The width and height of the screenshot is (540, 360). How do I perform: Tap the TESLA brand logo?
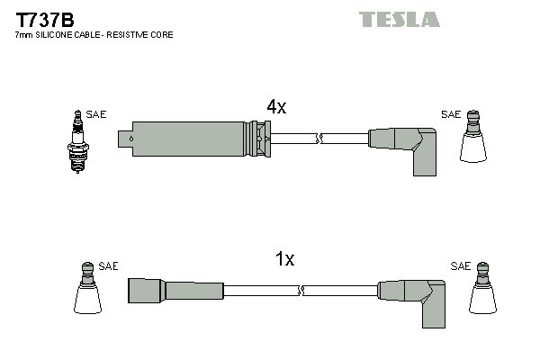tap(399, 19)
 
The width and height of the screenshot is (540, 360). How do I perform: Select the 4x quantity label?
tap(276, 106)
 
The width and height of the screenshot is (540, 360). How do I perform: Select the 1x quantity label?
tap(284, 259)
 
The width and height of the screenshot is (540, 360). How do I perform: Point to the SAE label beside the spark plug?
tap(96, 114)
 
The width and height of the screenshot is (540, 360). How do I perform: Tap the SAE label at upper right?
tap(450, 114)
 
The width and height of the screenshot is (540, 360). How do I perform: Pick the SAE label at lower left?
tap(109, 266)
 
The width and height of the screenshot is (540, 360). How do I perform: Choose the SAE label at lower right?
tap(461, 266)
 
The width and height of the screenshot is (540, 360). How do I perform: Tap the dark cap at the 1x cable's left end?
tap(144, 291)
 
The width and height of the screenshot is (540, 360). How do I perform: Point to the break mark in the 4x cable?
tap(319, 139)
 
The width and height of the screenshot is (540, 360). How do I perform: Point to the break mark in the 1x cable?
tap(302, 291)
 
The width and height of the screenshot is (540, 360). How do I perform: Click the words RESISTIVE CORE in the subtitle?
tap(145, 34)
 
